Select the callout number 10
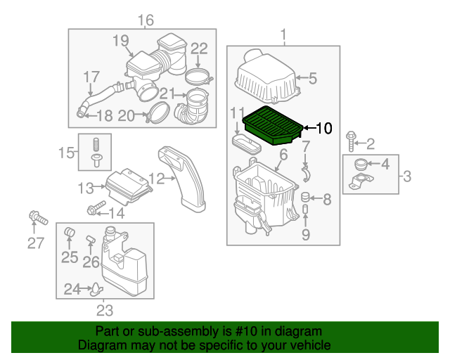pos(323,128)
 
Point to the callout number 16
pos(145,19)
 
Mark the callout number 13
pos(86,188)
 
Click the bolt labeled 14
pos(94,209)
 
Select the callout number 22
pos(199,49)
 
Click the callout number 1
pos(284,34)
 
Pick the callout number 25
pos(69,257)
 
